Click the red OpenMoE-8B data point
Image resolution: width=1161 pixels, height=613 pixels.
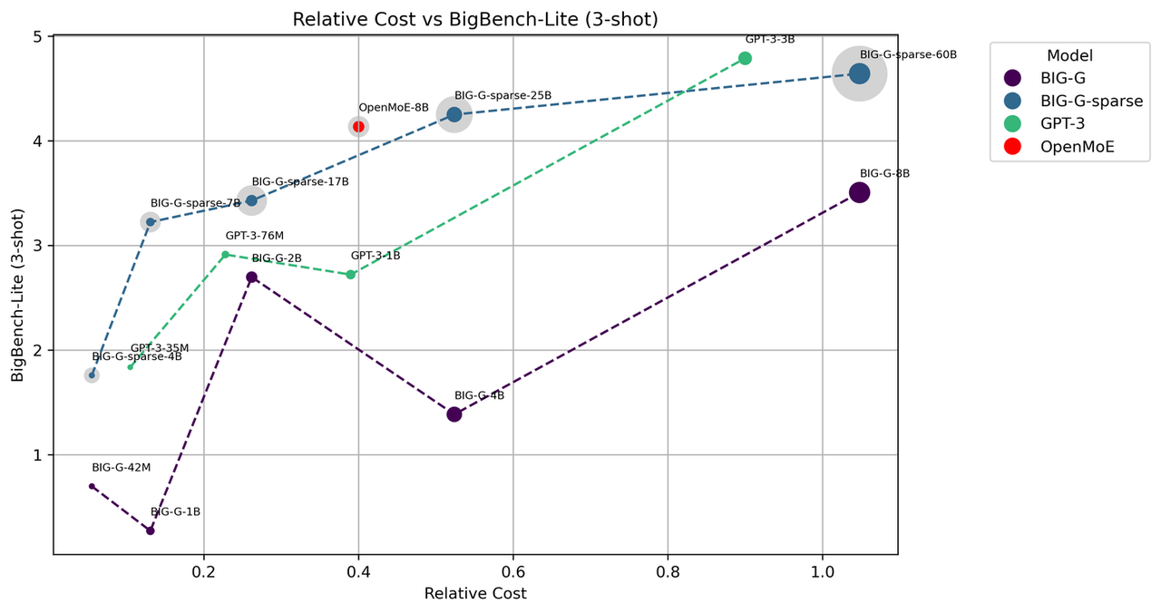(358, 126)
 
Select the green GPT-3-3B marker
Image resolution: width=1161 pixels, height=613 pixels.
(745, 58)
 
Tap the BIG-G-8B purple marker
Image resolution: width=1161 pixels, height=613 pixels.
(859, 192)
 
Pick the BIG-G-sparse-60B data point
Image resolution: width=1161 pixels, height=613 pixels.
(859, 74)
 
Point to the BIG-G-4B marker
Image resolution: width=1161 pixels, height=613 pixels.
(454, 414)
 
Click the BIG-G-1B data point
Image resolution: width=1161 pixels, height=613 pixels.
(151, 530)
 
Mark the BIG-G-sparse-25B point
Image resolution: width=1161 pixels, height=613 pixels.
(454, 114)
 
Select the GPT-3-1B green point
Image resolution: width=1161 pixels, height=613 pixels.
(351, 275)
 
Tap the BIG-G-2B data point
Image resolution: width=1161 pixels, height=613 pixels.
(251, 277)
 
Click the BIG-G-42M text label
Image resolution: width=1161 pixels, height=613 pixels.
(121, 468)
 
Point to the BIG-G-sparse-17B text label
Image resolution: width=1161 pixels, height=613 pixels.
(300, 182)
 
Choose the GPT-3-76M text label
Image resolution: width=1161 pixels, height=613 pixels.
(255, 236)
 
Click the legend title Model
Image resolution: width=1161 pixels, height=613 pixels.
(1068, 55)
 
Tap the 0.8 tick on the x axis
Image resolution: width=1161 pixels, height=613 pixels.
(668, 572)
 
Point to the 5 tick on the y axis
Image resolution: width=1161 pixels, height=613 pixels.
(37, 37)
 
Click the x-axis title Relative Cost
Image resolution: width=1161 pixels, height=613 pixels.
(475, 594)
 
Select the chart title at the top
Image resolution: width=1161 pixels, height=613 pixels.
(475, 19)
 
